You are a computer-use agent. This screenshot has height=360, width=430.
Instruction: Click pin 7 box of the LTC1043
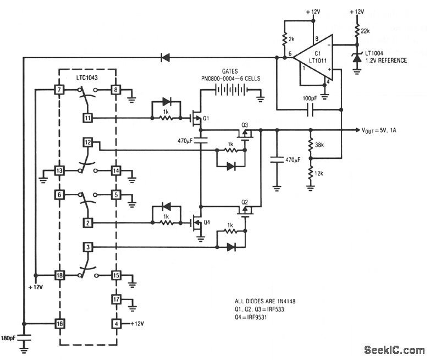point(58,89)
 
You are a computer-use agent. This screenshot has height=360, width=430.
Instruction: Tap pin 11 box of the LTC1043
point(88,117)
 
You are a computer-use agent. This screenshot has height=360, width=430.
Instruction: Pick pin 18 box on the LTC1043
point(58,275)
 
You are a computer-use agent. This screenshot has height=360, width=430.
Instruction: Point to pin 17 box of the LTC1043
point(116,300)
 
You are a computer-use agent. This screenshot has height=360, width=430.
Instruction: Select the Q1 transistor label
point(207,119)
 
